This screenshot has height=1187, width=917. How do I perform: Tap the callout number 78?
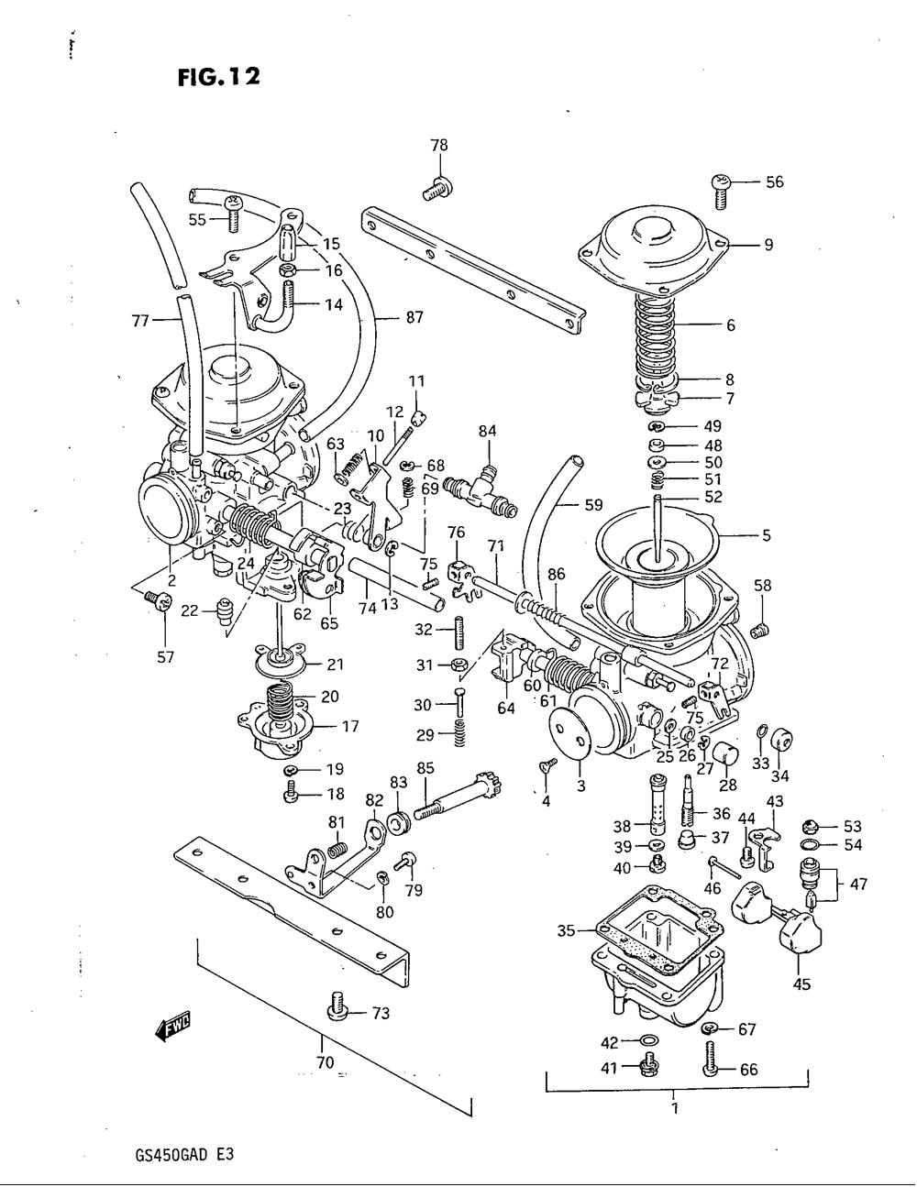coord(439,145)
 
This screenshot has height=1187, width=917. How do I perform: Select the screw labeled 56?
coord(720,187)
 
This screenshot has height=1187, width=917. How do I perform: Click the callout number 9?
coord(768,245)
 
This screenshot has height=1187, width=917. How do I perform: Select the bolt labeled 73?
coord(335,1009)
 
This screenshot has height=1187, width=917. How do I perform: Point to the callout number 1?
coord(675,1108)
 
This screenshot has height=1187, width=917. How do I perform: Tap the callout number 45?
coord(801,985)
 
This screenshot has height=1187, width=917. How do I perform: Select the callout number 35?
coord(566,931)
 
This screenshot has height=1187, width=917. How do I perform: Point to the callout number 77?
coord(140,321)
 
